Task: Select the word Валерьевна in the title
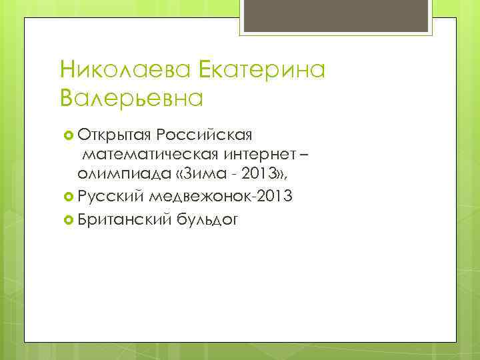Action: coord(131,99)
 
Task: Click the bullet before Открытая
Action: coord(68,137)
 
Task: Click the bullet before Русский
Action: coord(68,196)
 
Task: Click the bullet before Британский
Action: coord(68,217)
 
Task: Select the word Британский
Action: coord(123,217)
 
